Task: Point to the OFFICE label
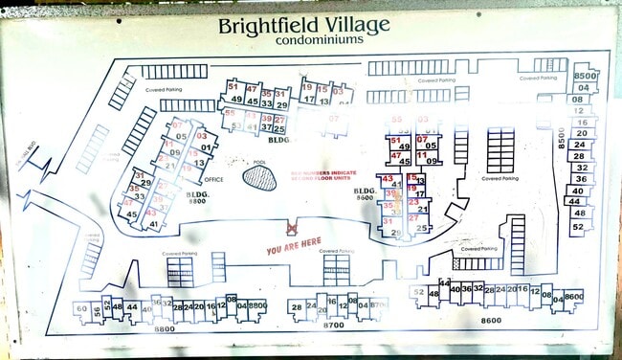click(213, 179)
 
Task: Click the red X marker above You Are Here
click(293, 230)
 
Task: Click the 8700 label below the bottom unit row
click(332, 326)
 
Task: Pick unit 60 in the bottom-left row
click(82, 308)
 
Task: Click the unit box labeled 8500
click(585, 76)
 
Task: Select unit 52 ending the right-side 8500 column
click(578, 227)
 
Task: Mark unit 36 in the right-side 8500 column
click(580, 179)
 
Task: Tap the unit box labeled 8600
click(573, 297)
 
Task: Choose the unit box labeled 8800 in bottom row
click(256, 305)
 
